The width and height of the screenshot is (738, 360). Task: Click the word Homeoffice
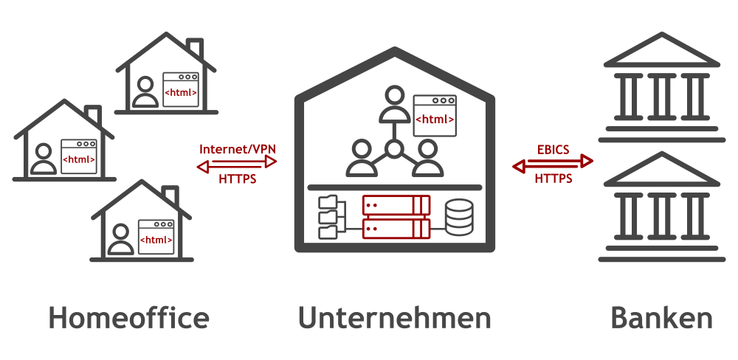point(128,318)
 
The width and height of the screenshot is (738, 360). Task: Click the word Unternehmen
point(395,318)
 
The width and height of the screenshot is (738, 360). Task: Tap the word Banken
point(661,318)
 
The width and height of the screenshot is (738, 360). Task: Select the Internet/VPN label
point(237,149)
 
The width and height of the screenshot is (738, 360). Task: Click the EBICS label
point(553,149)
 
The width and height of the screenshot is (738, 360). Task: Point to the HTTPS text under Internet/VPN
point(238,179)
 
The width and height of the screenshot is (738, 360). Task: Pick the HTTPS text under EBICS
point(553,179)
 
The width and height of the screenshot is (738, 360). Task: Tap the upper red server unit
point(396,204)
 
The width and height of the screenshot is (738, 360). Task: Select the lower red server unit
point(396,229)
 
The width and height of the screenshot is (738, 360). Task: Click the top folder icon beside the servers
point(326,201)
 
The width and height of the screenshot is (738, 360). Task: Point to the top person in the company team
point(394,104)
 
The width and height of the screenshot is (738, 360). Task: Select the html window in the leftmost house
point(79,156)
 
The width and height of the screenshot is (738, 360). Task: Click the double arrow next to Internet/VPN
point(237,164)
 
